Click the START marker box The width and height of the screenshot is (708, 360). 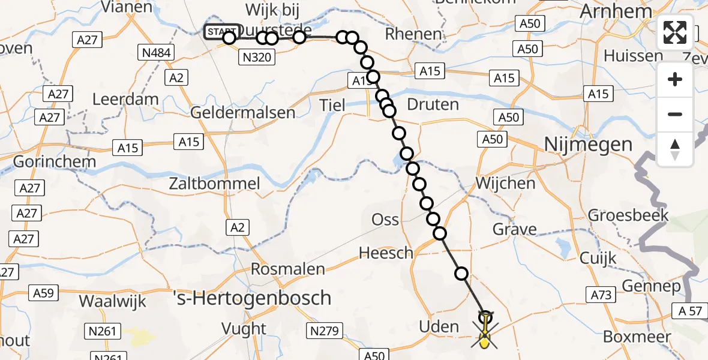tap(221, 32)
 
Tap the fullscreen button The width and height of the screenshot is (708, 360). tap(675, 32)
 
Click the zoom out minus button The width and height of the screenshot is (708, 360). tap(675, 114)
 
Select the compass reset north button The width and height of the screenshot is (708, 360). tap(675, 148)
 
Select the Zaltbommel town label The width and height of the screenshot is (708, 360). tap(214, 183)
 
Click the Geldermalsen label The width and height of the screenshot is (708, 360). tap(242, 112)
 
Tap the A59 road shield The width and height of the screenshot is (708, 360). tap(43, 293)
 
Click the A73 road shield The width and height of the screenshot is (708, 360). tap(601, 294)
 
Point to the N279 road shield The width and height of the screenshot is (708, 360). tap(325, 331)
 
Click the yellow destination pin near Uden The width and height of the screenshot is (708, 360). tap(484, 340)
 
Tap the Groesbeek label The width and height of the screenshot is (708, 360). tap(628, 215)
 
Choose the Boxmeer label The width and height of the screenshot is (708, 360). tap(637, 337)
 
